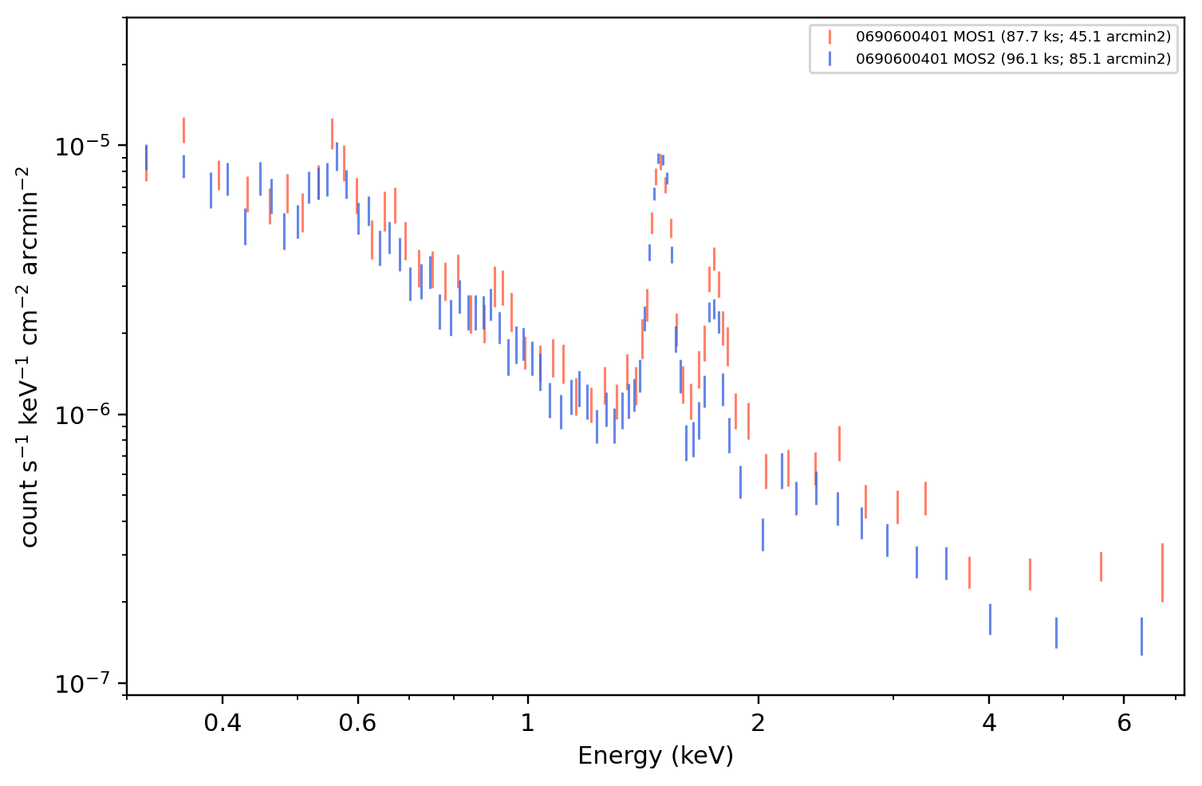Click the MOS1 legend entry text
(1013, 37)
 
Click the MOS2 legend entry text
(1013, 58)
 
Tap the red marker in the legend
(830, 37)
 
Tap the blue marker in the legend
(830, 58)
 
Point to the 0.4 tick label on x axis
(223, 723)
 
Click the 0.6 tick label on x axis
(357, 723)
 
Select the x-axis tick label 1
(528, 723)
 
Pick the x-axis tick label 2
(758, 723)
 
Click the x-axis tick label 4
(989, 723)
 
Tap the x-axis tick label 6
(1124, 723)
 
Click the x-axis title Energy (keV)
(655, 756)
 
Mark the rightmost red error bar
(1162, 572)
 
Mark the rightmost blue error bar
(1141, 636)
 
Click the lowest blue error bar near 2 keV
(763, 535)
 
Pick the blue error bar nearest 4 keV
(990, 619)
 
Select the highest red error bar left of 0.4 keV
(183, 130)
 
